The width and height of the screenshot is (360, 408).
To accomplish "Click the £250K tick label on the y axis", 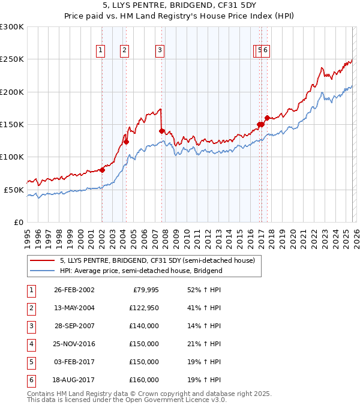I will (12, 59).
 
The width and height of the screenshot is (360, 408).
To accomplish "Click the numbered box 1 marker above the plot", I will (100, 50).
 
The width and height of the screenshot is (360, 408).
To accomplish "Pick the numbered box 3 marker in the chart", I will (160, 50).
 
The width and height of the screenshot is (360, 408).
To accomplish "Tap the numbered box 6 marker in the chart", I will (265, 50).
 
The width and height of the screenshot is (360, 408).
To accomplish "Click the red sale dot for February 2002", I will (102, 170).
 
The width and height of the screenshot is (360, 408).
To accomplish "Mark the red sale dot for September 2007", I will (161, 131).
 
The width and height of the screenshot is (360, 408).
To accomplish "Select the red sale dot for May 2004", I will (126, 142).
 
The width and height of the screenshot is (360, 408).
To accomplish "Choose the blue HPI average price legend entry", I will (141, 271).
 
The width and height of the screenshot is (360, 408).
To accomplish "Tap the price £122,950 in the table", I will (143, 308).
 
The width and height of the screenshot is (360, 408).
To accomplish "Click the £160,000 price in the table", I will (143, 379).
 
